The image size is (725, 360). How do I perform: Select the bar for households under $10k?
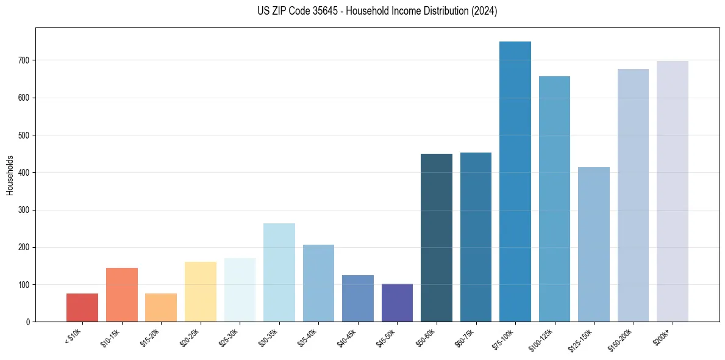(82, 308)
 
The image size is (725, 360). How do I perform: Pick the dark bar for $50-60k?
(437, 238)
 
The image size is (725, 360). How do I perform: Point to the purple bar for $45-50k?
(397, 303)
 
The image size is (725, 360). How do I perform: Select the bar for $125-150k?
(593, 244)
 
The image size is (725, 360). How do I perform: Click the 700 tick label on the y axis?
(25, 60)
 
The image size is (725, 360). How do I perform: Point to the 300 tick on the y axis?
(25, 210)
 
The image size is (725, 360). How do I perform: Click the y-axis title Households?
(10, 175)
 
